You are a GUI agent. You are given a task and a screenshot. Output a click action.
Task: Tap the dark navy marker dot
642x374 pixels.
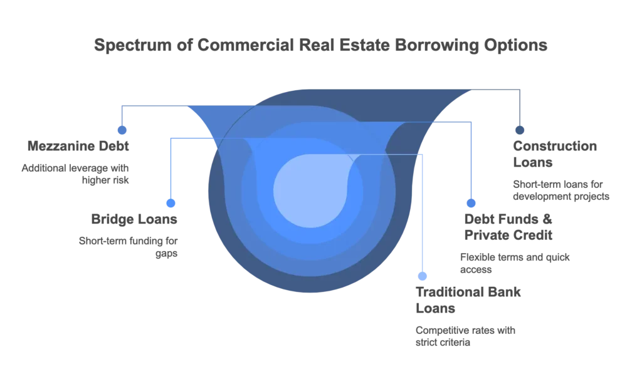(x=519, y=130)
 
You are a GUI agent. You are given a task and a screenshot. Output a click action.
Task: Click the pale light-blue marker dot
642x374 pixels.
(x=424, y=276)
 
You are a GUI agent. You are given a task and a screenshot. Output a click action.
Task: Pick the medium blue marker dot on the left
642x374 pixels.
(x=122, y=130)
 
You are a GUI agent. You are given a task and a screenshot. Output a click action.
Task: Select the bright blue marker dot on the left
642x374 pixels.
(x=170, y=204)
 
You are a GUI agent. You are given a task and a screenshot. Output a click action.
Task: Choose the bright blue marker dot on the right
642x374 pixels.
(x=471, y=204)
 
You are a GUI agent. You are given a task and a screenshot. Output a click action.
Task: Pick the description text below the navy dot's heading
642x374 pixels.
(x=561, y=187)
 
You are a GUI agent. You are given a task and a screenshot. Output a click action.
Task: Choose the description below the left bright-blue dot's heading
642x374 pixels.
(x=129, y=246)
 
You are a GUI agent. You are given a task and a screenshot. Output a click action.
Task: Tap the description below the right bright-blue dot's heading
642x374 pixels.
(x=514, y=262)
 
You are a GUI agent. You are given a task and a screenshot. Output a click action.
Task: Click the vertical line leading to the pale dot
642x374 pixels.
(x=424, y=213)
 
